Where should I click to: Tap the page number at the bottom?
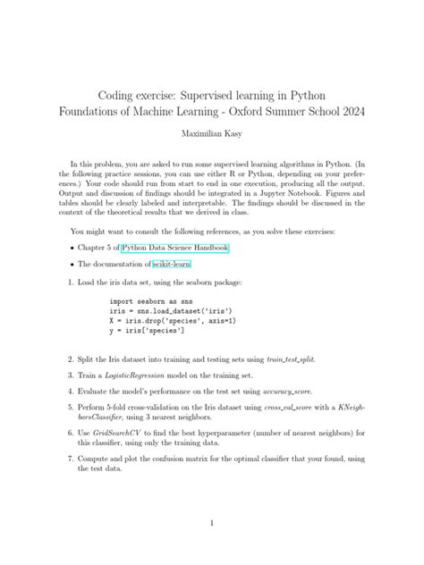[211, 523]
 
